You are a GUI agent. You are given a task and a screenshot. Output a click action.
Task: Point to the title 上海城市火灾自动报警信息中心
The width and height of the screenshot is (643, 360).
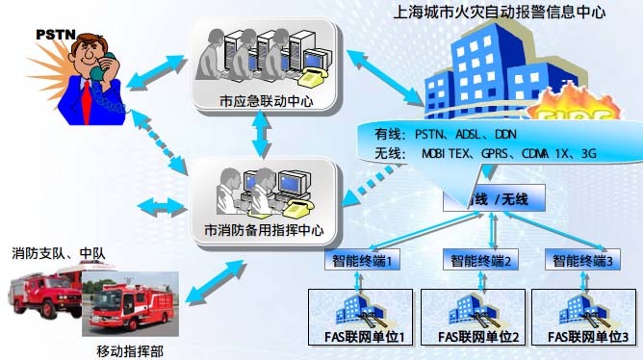[x=496, y=13]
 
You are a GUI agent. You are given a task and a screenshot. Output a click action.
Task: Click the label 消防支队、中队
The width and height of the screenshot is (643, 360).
[x=58, y=255]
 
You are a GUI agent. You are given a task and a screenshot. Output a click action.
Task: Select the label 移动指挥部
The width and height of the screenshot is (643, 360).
[x=130, y=349]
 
